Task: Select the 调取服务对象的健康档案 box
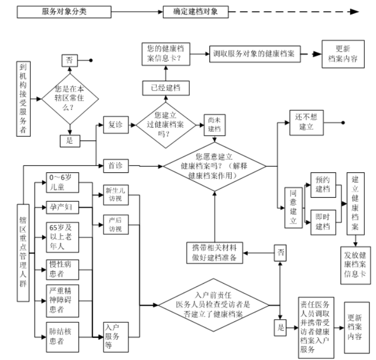click(x=257, y=54)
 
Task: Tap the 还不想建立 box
click(x=307, y=123)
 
